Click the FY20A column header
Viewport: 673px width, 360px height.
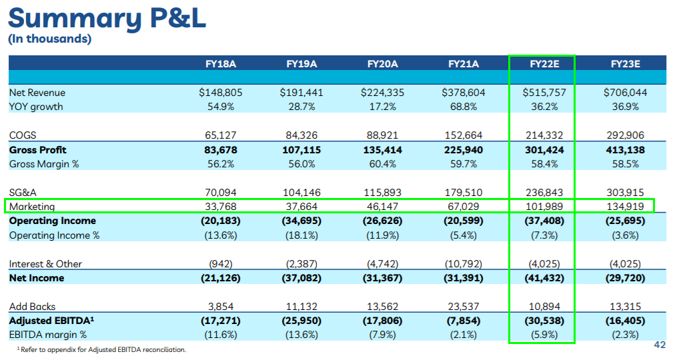382,64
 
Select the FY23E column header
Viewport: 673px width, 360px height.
625,64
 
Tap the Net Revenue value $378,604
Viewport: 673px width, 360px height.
463,93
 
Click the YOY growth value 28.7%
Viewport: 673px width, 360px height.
301,107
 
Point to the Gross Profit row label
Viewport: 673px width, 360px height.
38,150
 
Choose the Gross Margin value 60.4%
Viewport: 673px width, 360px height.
382,164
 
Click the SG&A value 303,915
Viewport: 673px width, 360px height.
625,193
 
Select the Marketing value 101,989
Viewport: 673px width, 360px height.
544,207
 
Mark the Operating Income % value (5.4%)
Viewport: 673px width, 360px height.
463,235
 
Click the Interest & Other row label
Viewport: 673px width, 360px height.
45,264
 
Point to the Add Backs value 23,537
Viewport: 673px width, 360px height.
463,307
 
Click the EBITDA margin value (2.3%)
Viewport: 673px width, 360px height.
625,335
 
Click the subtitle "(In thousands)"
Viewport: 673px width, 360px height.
49,39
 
